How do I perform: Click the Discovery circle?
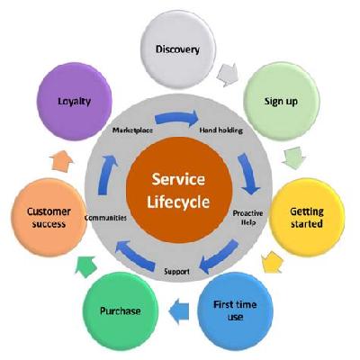point(178,47)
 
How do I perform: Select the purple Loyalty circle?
point(74,102)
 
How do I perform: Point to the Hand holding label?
point(219,130)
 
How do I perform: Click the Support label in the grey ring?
point(177,270)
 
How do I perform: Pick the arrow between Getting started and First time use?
point(271,263)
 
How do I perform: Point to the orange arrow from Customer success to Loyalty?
point(60,161)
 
